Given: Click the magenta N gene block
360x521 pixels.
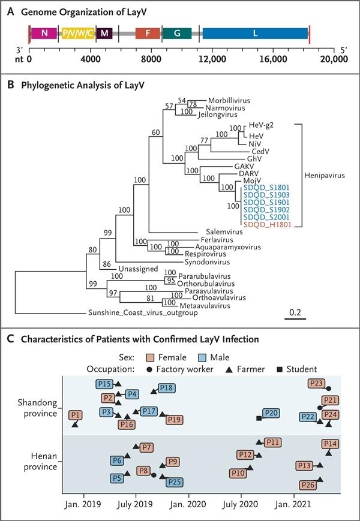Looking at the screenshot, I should point(45,33).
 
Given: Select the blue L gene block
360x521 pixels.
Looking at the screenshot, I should point(256,33).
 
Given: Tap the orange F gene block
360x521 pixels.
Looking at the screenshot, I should point(148,33).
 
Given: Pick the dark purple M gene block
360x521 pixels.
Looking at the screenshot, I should point(104,33).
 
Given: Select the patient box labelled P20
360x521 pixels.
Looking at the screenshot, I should point(271,412).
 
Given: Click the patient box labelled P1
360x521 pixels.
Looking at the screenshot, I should point(75,415).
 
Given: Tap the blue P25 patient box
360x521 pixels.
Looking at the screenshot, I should point(175,482).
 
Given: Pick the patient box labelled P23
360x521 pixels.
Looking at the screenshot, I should point(316,383).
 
